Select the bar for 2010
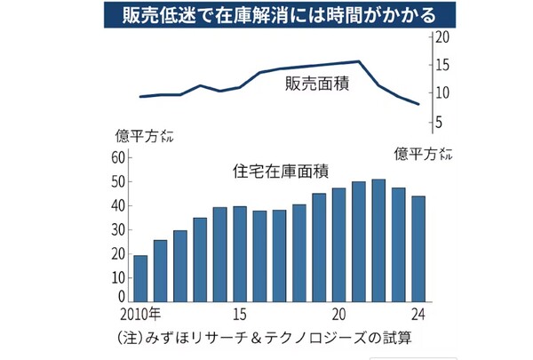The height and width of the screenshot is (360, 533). (x=140, y=280)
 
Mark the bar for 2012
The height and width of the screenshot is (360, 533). (x=180, y=267)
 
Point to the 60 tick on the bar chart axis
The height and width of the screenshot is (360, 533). (x=118, y=158)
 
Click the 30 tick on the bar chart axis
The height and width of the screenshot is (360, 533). (x=118, y=230)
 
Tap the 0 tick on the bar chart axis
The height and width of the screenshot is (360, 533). (x=122, y=297)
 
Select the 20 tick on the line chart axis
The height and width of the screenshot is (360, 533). (x=442, y=38)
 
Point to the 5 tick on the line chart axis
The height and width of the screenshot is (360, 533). (x=439, y=122)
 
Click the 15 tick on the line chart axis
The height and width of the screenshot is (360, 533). (x=442, y=66)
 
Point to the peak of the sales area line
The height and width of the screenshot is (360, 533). (x=358, y=61)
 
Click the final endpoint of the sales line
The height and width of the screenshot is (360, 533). (x=419, y=105)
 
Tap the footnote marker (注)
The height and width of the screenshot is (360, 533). (x=131, y=338)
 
